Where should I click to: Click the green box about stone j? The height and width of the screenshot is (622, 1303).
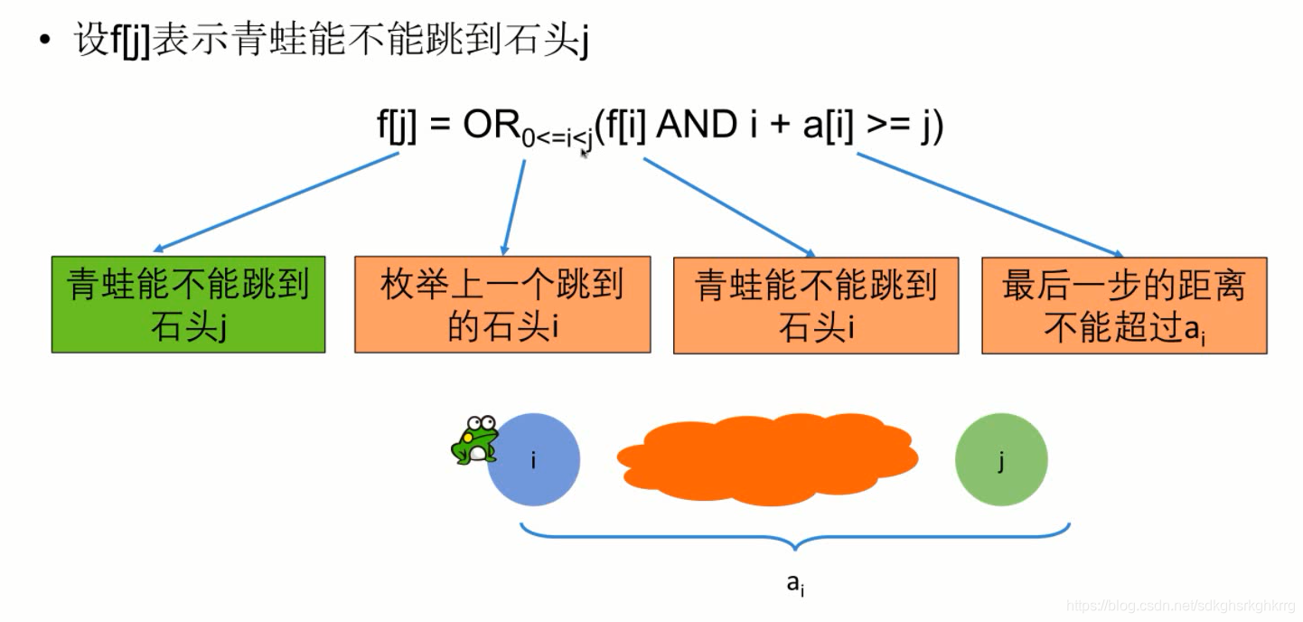point(188,305)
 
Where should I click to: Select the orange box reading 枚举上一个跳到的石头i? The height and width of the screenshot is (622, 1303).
point(502,305)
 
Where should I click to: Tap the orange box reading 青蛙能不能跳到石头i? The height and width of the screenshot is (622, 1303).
point(816,305)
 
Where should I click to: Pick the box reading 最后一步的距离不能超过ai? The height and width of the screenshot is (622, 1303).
point(1124,305)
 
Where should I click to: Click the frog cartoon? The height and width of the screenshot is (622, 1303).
point(473,440)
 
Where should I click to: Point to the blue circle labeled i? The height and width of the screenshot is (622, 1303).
point(533,460)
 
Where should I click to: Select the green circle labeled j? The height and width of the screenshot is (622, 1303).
point(1001,460)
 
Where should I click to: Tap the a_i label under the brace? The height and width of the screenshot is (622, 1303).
point(795,585)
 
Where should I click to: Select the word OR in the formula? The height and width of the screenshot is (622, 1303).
point(492,125)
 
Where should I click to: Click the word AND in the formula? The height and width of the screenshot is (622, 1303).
point(696,125)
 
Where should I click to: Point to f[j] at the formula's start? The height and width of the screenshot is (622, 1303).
point(397,126)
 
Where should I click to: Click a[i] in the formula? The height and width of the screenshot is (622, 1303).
point(827,126)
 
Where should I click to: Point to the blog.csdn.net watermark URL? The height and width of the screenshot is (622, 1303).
point(1180,605)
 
